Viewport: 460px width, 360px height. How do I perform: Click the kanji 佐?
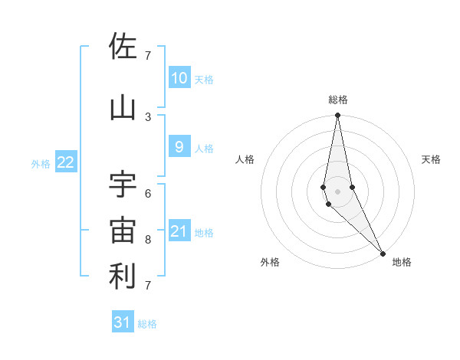click(x=123, y=47)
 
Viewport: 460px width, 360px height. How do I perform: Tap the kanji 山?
click(x=123, y=108)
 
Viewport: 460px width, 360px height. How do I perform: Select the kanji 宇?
click(x=123, y=183)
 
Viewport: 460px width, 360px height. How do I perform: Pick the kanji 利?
click(x=123, y=277)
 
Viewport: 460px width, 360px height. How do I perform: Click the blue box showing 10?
click(x=179, y=78)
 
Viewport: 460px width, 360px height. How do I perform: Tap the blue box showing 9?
click(x=179, y=147)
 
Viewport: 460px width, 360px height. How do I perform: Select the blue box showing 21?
click(x=179, y=231)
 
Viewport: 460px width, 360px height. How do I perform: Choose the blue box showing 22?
click(x=66, y=162)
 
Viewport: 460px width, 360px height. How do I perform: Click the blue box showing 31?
click(x=123, y=322)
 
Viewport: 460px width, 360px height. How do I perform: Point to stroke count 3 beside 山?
click(x=148, y=116)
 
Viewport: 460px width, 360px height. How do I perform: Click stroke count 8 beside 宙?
click(x=148, y=240)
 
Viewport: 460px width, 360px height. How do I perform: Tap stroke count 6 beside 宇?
click(x=148, y=193)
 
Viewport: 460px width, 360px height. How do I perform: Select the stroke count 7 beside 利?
click(x=148, y=286)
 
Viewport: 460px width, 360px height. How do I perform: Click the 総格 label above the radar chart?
click(x=338, y=100)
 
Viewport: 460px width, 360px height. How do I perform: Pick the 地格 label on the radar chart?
click(x=402, y=262)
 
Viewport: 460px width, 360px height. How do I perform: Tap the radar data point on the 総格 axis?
click(x=337, y=116)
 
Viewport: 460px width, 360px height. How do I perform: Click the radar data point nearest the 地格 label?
click(x=383, y=252)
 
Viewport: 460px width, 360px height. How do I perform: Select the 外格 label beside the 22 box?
click(x=41, y=163)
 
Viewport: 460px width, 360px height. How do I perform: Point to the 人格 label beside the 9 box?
click(x=204, y=148)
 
